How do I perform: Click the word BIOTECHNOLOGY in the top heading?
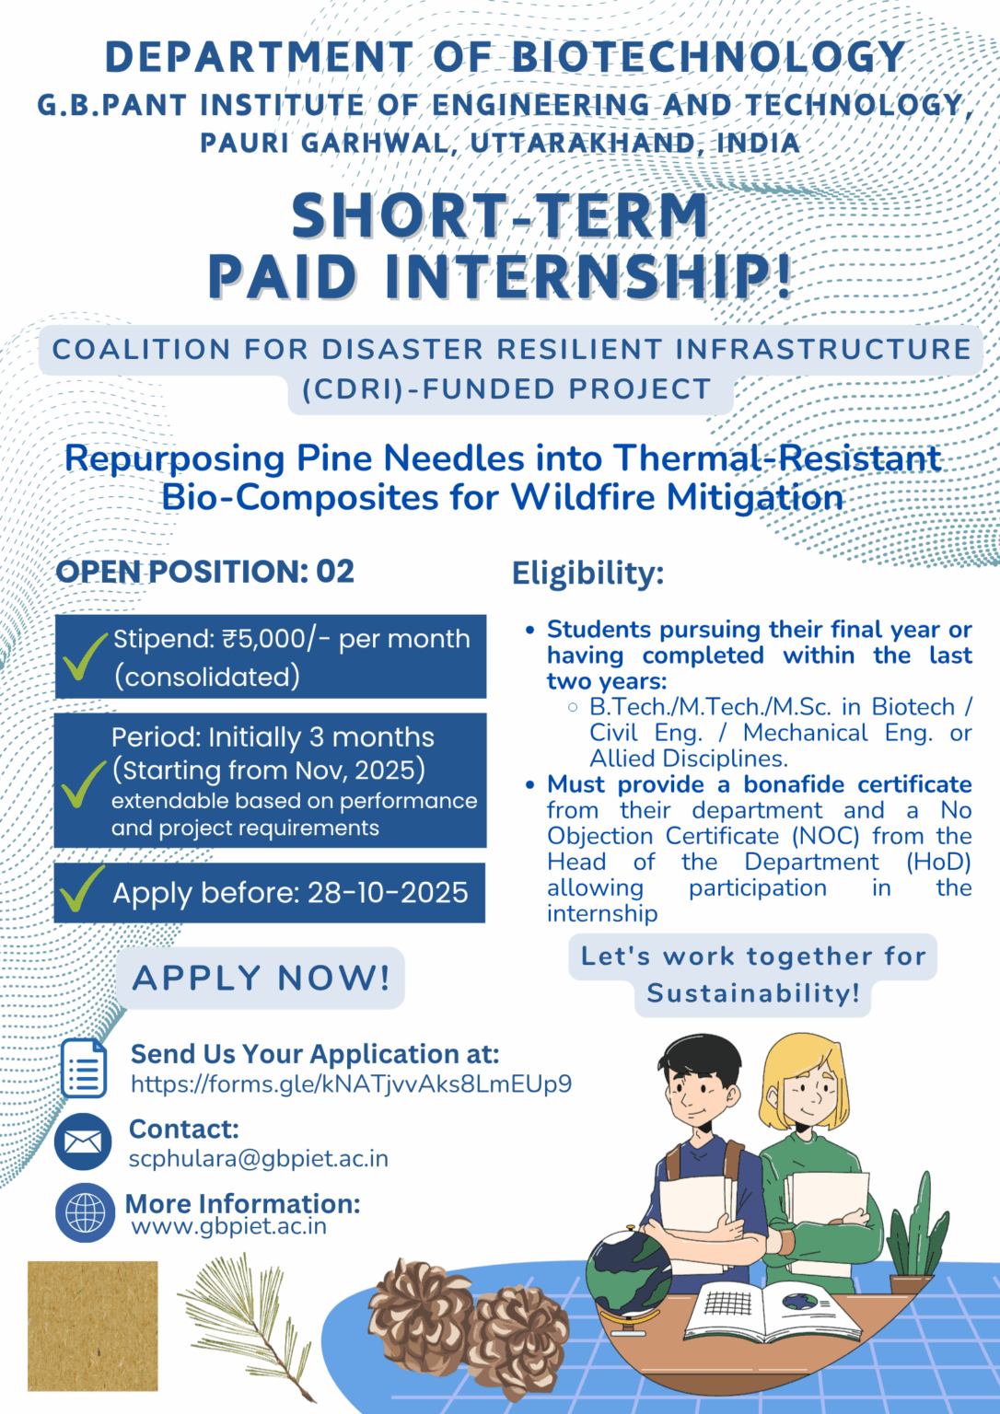tap(708, 57)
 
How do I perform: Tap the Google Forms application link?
tap(351, 1084)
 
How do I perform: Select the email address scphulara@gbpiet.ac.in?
tap(258, 1158)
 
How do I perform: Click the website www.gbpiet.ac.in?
tap(228, 1226)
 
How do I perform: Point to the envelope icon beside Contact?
tap(84, 1142)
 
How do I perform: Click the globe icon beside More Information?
tap(85, 1212)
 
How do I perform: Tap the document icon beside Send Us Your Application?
tap(84, 1068)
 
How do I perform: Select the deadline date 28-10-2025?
tap(388, 893)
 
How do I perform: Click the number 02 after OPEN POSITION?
tap(335, 572)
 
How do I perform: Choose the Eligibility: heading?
tap(587, 574)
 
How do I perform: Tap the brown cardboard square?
tap(92, 1326)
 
